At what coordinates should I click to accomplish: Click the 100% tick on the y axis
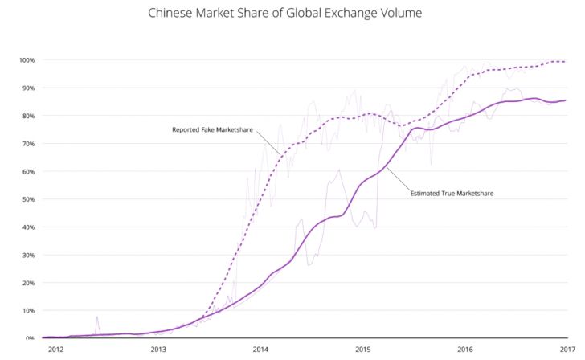click(x=27, y=60)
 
